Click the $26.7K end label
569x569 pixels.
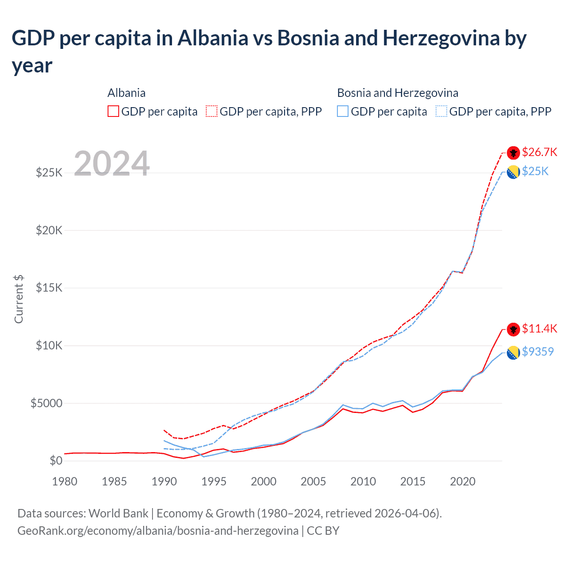[x=539, y=152]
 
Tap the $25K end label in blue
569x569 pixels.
[x=535, y=171]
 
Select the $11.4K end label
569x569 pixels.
[x=539, y=329]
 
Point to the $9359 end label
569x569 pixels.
[x=537, y=352]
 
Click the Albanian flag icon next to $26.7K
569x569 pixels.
[x=513, y=152]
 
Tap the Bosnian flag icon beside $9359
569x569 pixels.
[x=513, y=353]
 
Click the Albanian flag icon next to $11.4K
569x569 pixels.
[x=513, y=329]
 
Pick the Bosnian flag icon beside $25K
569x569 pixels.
[x=513, y=172]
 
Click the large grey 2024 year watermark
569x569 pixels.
[x=112, y=164]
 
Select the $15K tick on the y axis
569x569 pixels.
[x=49, y=288]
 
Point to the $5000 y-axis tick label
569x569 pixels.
[x=46, y=403]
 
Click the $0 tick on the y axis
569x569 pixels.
[x=56, y=461]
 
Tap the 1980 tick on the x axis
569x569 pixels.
[x=64, y=481]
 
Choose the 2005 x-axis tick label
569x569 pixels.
[x=313, y=481]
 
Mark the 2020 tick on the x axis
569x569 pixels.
[x=463, y=481]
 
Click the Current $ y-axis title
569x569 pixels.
[x=19, y=299]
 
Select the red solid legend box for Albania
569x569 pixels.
[x=113, y=111]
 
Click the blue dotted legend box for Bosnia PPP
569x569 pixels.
[x=441, y=111]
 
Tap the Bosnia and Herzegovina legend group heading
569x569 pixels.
[x=397, y=93]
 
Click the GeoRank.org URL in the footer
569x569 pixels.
[x=158, y=530]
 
